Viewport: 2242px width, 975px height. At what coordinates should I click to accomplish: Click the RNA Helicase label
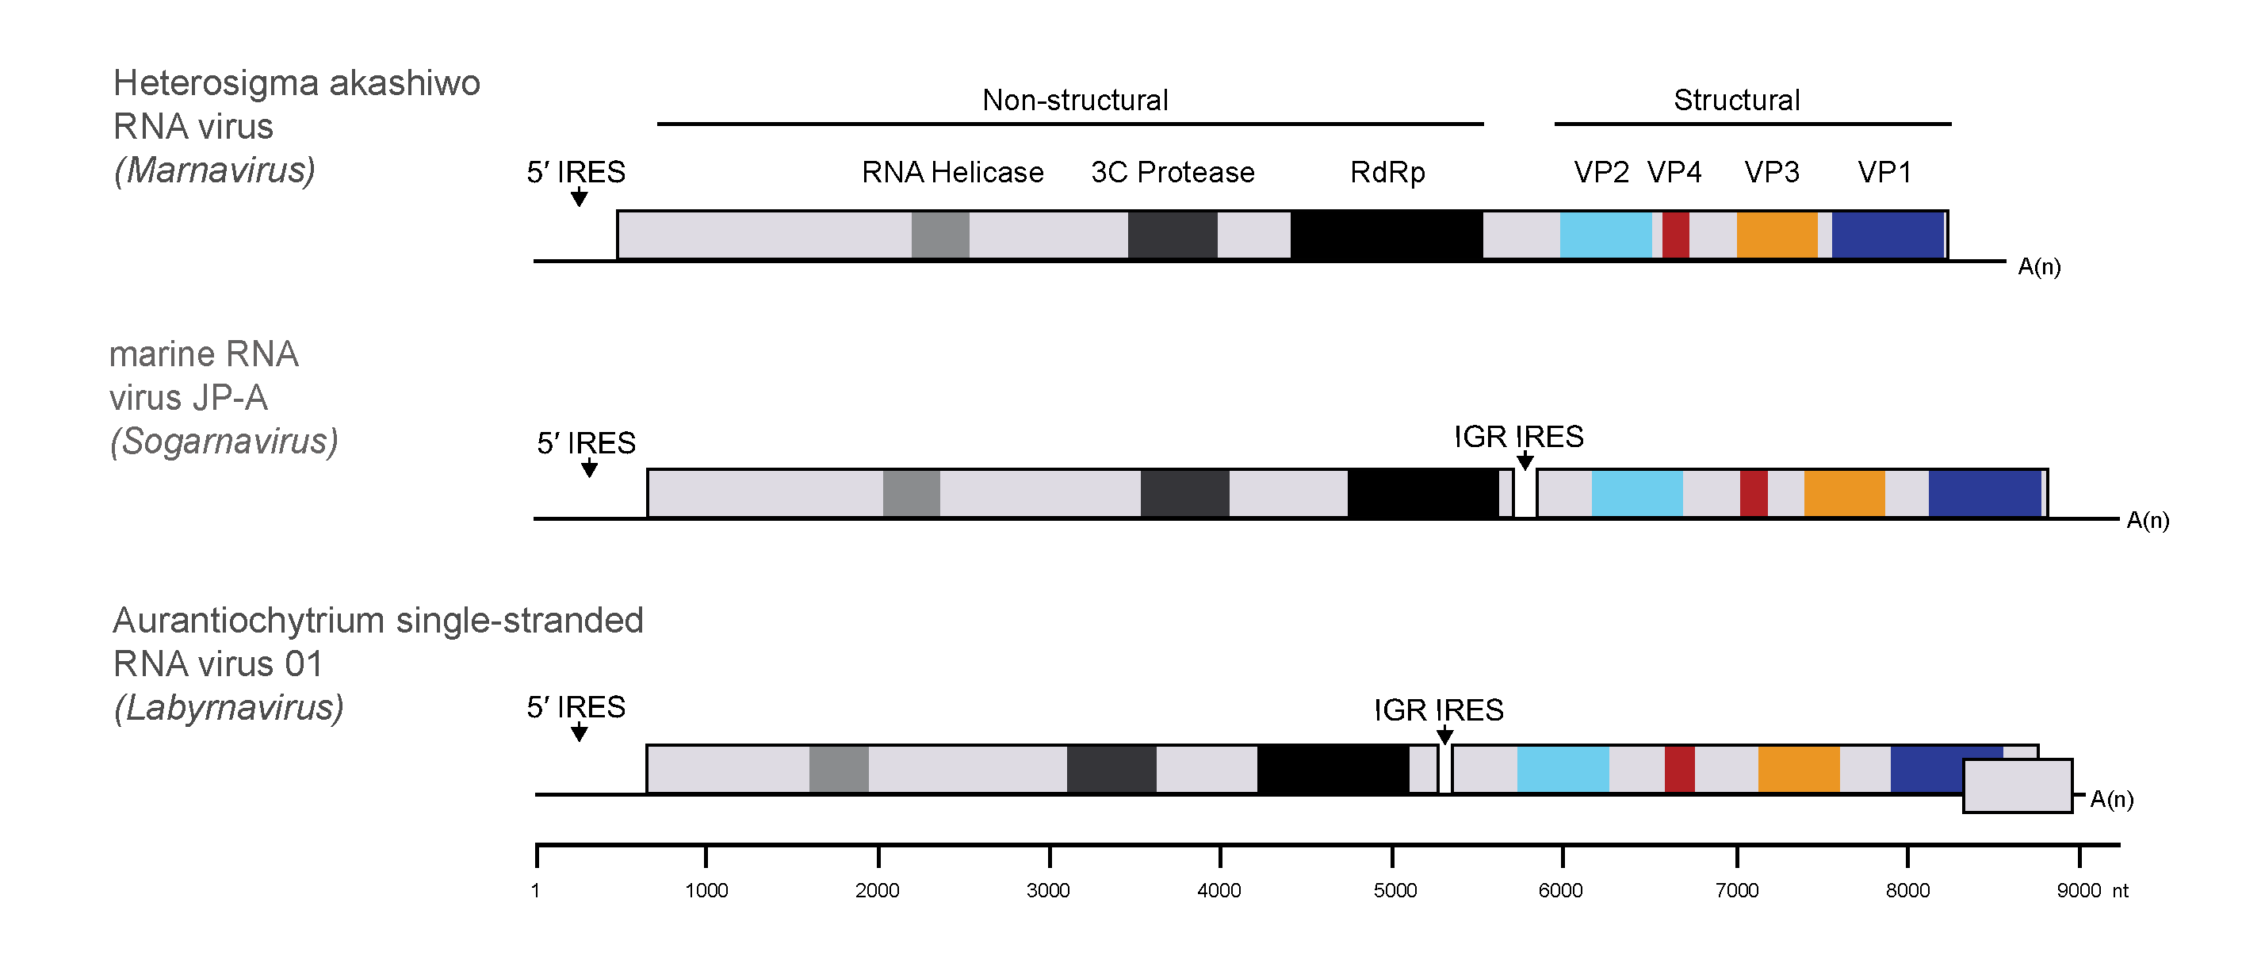pos(952,172)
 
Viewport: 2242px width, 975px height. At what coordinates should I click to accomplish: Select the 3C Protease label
pos(1173,172)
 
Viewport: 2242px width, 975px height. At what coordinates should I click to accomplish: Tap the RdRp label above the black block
pos(1387,172)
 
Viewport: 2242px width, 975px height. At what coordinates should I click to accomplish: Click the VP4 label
pos(1674,172)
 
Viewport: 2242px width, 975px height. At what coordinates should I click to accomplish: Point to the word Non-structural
pos(1075,100)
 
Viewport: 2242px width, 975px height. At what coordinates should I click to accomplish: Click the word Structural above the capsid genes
pos(1736,100)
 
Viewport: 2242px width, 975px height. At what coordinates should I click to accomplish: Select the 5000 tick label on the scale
pos(1395,890)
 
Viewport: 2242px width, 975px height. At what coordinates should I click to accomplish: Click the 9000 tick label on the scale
pos(2079,890)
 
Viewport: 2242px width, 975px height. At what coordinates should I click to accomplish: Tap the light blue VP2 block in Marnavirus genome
pos(1605,235)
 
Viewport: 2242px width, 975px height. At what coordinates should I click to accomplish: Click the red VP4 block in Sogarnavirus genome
pos(1753,494)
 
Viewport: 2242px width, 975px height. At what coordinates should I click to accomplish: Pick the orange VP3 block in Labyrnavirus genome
pos(1798,769)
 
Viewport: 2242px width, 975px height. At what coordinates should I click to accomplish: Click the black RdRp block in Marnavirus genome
pos(1386,235)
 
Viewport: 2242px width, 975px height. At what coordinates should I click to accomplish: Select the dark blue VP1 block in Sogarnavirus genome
pos(1984,494)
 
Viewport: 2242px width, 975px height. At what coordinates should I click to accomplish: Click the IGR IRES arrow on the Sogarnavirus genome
pos(1524,461)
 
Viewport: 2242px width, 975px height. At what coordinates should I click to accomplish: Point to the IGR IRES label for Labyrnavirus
pos(1438,710)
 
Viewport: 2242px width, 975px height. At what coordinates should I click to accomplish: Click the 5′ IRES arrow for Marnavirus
pos(579,197)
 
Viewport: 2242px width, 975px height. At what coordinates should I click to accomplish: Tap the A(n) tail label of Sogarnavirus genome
pos(2147,521)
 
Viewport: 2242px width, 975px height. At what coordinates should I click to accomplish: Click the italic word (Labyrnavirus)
pos(229,708)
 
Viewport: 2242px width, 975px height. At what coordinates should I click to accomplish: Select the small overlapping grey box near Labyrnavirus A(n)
pos(2018,786)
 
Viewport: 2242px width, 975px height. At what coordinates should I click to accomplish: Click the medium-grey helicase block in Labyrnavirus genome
pos(838,769)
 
